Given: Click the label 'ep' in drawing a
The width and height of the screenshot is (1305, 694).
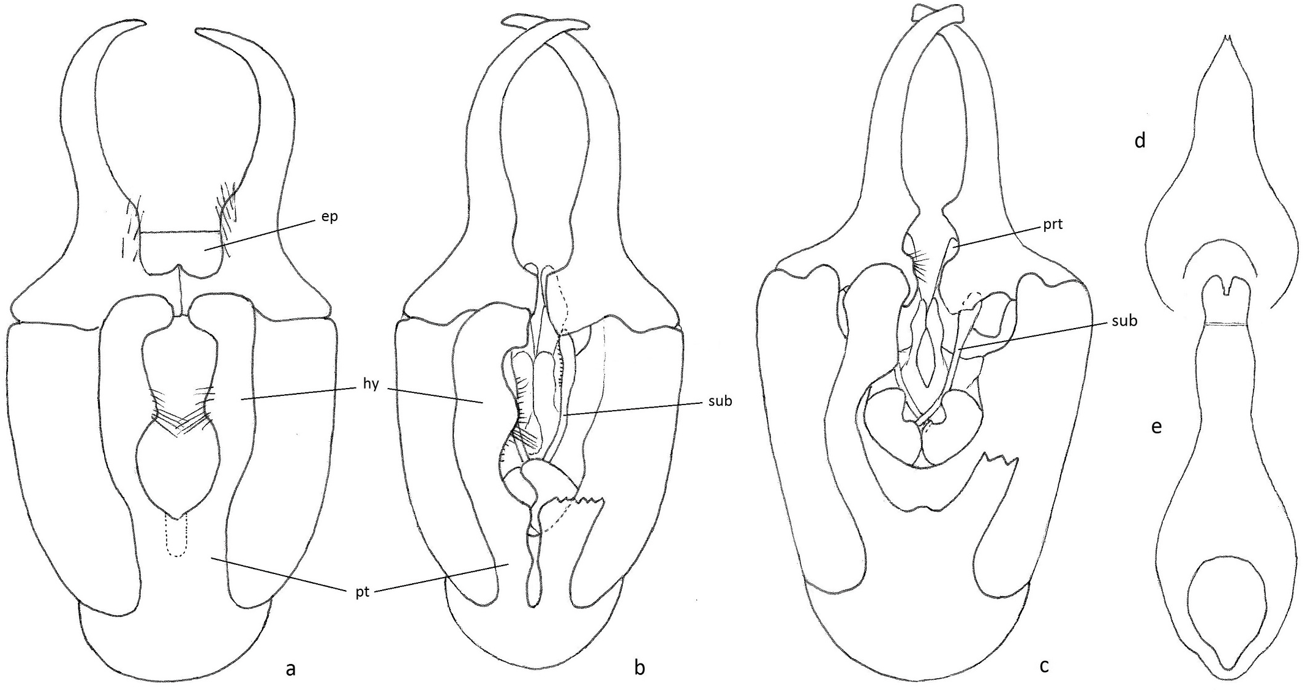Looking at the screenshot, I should [329, 217].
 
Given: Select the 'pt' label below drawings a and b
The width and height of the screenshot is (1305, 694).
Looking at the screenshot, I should [363, 592].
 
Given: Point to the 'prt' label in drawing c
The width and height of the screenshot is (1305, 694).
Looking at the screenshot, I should [1053, 225].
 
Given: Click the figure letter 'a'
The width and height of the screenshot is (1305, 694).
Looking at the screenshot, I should [291, 669].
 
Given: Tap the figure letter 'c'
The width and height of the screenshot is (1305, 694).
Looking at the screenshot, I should [1044, 665].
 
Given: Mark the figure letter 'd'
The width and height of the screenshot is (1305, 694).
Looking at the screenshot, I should [1140, 141].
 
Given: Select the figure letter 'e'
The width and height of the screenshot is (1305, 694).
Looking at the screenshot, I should [1156, 427].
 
